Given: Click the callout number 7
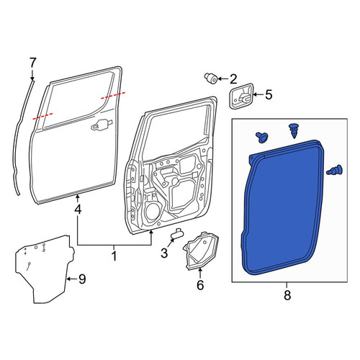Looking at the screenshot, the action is click(32, 63).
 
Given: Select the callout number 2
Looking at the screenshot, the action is click(233, 79).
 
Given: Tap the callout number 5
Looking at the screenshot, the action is click(269, 94).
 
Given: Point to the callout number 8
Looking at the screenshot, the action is click(287, 295).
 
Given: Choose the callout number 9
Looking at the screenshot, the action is click(82, 279).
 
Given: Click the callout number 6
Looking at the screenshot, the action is click(200, 285).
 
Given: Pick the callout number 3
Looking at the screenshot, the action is click(164, 253).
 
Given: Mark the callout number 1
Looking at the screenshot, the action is click(114, 256).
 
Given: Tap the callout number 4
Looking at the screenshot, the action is click(78, 210).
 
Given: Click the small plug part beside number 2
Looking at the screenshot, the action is click(211, 78).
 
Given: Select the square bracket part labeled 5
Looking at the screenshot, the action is click(241, 96).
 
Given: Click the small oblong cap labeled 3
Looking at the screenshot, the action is click(177, 233).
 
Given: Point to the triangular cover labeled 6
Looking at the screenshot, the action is click(201, 251).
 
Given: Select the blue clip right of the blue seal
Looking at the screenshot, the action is click(335, 170).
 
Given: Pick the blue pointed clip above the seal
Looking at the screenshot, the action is click(293, 131).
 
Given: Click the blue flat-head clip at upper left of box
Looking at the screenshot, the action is click(262, 137).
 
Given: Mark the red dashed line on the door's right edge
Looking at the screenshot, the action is click(113, 95).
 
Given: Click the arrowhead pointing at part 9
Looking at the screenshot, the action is click(68, 279).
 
